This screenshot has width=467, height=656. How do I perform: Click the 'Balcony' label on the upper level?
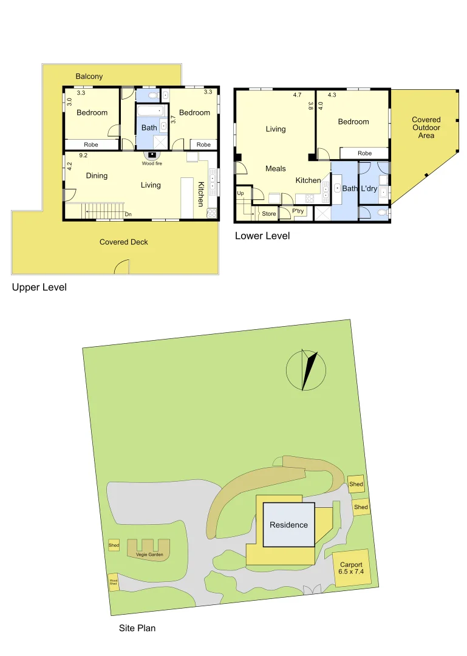pyautogui.click(x=89, y=77)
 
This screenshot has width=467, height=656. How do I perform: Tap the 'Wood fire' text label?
pyautogui.click(x=152, y=163)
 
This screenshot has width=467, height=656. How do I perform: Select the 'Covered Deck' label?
pyautogui.click(x=124, y=242)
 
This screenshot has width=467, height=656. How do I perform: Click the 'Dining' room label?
pyautogui.click(x=97, y=176)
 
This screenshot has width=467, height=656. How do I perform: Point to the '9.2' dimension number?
pyautogui.click(x=83, y=155)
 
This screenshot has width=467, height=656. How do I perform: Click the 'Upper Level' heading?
pyautogui.click(x=39, y=287)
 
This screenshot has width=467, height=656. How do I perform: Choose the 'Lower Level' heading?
pyautogui.click(x=262, y=236)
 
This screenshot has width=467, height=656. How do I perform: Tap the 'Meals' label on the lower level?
pyautogui.click(x=276, y=168)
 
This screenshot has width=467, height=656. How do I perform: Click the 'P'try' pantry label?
pyautogui.click(x=298, y=211)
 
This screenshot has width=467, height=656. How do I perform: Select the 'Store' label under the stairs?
pyautogui.click(x=268, y=214)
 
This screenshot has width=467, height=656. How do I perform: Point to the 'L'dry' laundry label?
pyautogui.click(x=369, y=189)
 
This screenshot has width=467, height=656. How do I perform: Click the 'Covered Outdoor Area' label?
pyautogui.click(x=426, y=128)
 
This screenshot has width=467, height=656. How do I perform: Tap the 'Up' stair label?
pyautogui.click(x=240, y=193)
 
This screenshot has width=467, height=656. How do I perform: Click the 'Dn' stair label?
pyautogui.click(x=128, y=214)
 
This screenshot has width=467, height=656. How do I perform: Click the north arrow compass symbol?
pyautogui.click(x=307, y=370)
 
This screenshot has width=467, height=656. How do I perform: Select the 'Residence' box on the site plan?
pyautogui.click(x=289, y=525)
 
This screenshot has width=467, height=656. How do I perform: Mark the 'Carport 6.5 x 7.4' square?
pyautogui.click(x=351, y=569)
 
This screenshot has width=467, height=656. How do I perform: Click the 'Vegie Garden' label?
pyautogui.click(x=149, y=554)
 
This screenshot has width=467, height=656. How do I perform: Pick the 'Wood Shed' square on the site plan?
pyautogui.click(x=114, y=583)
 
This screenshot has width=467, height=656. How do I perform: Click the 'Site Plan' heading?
pyautogui.click(x=137, y=628)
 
